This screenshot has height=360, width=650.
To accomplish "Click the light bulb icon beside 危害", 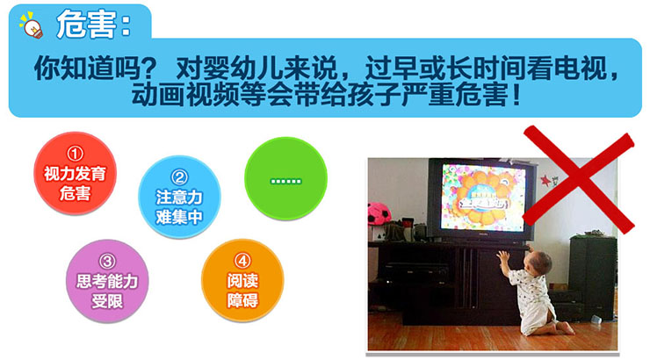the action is pos(32,25).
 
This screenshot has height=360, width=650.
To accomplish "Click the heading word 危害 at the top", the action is pos(87,25).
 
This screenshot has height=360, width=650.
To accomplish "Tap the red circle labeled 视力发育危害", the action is pos(75,173).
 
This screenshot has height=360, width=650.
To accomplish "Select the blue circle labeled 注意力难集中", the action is pos(179,197).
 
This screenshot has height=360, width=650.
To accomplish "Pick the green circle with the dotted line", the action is pos(286,178).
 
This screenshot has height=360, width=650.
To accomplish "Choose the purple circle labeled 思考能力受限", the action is pos(107,281).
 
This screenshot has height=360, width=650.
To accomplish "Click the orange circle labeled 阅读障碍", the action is pos(242,280).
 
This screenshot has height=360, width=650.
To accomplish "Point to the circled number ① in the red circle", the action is pos(75,154).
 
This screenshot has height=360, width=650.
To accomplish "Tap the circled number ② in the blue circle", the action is pos(179,177).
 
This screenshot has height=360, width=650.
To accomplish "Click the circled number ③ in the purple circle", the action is pos(107,262).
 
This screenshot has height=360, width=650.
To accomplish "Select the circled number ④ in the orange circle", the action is pos(242,261).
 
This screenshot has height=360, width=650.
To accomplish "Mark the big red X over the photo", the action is pos(579,180).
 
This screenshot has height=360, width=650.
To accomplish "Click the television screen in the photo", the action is pos(483,198).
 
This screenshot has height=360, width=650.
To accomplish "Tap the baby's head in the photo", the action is pos(538,262).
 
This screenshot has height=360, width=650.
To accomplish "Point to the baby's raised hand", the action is pos(503,257).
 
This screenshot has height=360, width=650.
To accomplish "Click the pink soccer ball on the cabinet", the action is pos(379,213).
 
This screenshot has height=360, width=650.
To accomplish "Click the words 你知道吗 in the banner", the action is pos(89,68).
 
